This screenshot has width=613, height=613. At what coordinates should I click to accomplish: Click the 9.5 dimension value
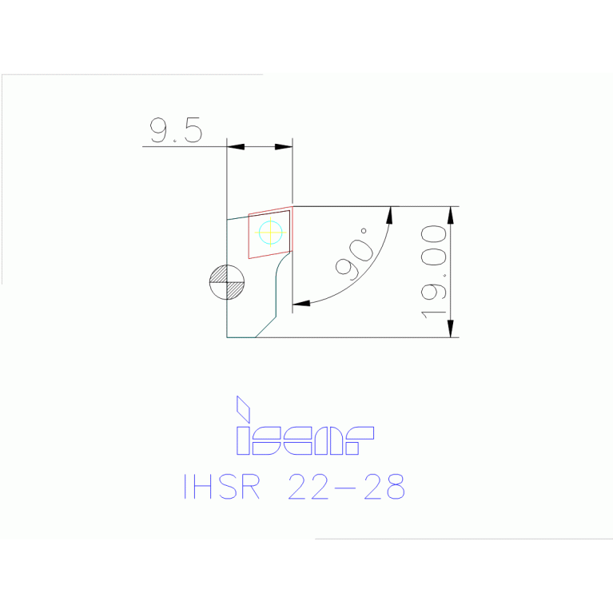point(176,130)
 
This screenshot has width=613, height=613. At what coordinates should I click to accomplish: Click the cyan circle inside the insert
point(271,233)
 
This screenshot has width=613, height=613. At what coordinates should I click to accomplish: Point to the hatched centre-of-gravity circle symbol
point(227,282)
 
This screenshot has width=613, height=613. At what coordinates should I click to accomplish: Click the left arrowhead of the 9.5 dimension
point(236,146)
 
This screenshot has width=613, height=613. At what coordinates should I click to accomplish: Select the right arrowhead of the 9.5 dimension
point(284,146)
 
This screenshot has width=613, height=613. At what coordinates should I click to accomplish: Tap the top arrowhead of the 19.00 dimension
point(451,215)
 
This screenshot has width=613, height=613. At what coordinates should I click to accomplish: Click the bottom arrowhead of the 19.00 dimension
point(451,328)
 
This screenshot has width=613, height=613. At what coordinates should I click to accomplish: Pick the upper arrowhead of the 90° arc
point(391,215)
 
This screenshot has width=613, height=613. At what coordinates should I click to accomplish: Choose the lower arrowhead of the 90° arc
point(301,304)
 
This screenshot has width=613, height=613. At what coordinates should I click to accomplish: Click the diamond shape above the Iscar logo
point(243,408)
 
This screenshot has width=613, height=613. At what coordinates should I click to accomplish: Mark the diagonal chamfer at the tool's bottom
point(265,327)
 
